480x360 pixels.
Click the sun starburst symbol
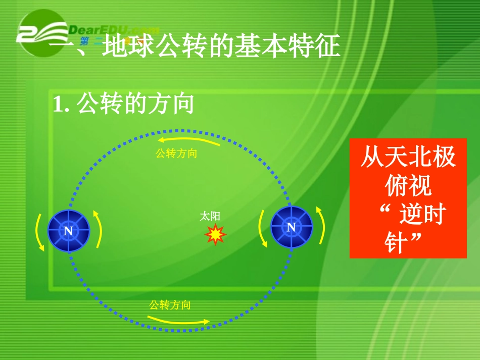click(x=216, y=234)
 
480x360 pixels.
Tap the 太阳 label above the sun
click(x=210, y=216)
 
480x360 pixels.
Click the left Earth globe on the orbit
click(x=69, y=230)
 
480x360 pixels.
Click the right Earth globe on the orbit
click(x=291, y=227)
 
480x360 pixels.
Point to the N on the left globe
click(x=68, y=231)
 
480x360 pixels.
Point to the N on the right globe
click(x=291, y=228)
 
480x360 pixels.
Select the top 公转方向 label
click(x=176, y=153)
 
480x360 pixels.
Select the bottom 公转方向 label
click(x=170, y=305)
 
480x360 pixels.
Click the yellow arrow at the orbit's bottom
click(x=178, y=320)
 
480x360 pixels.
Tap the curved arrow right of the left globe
click(x=98, y=230)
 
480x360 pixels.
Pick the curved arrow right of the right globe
click(x=320, y=225)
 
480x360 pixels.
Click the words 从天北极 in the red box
click(x=408, y=158)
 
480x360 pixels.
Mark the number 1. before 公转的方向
click(x=60, y=105)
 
